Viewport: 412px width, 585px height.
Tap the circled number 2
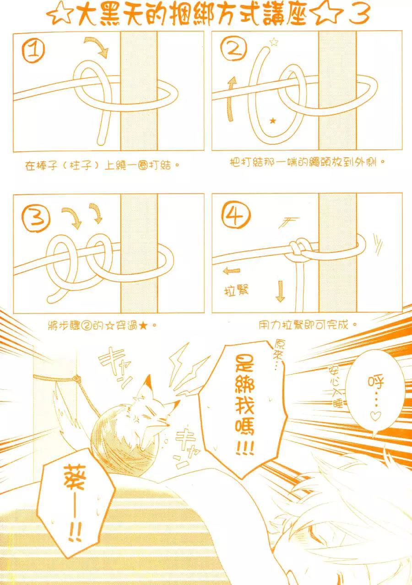(x=233, y=50)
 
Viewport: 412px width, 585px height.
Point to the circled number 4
(x=236, y=215)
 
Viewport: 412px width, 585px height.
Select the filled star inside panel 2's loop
(x=273, y=121)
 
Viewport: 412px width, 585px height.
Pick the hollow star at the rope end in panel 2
(x=274, y=42)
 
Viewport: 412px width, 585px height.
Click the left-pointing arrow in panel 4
(x=231, y=271)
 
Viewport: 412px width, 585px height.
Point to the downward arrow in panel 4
(x=280, y=291)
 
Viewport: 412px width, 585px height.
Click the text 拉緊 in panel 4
(x=237, y=290)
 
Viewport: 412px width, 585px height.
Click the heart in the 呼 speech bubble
(x=375, y=416)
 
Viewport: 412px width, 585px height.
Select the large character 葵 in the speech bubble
(x=74, y=477)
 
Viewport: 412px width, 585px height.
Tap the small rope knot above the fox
(x=76, y=378)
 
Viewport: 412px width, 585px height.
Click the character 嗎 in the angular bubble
(x=244, y=428)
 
